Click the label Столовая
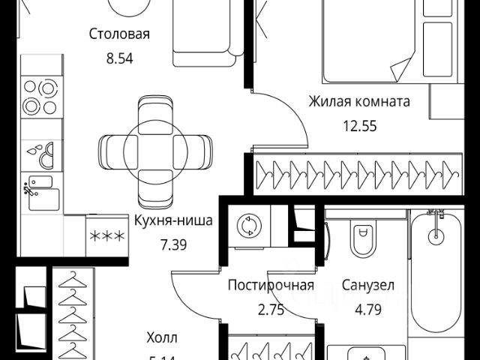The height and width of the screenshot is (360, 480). (x=119, y=34)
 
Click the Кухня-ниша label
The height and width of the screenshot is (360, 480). (x=174, y=221)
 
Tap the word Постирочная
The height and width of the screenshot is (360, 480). (x=270, y=285)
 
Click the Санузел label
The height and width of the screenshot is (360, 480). (x=367, y=285)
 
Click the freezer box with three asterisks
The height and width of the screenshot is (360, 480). (x=107, y=238)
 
